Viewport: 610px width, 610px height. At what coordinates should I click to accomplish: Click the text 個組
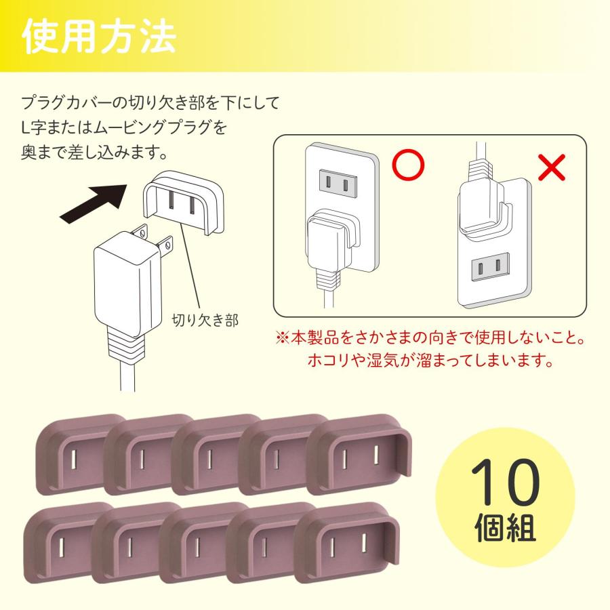(506, 529)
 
